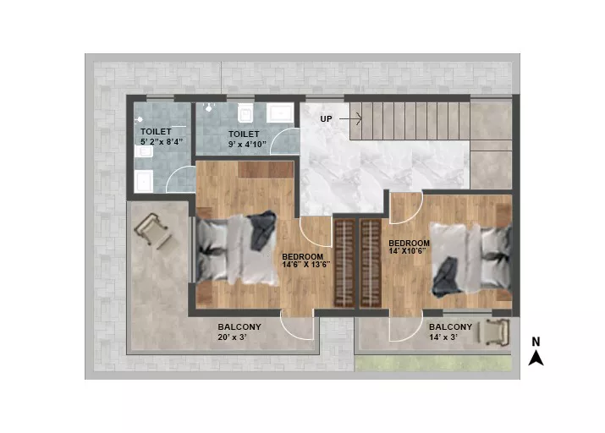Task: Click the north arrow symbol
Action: tap(536, 359)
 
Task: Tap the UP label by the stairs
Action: tap(326, 118)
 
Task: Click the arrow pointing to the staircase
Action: tap(350, 118)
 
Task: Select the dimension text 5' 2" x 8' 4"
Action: tap(162, 141)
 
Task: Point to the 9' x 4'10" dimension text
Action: tap(247, 145)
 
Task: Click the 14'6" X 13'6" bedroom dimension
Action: tap(306, 265)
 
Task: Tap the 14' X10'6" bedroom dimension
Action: tap(408, 250)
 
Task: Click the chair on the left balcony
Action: tap(153, 231)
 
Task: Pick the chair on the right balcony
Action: tap(494, 332)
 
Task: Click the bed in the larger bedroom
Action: tap(236, 249)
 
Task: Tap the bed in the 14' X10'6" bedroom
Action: tap(470, 260)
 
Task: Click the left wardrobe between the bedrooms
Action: tap(344, 263)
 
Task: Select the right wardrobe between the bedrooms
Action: tap(371, 263)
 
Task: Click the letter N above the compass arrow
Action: tap(536, 342)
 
